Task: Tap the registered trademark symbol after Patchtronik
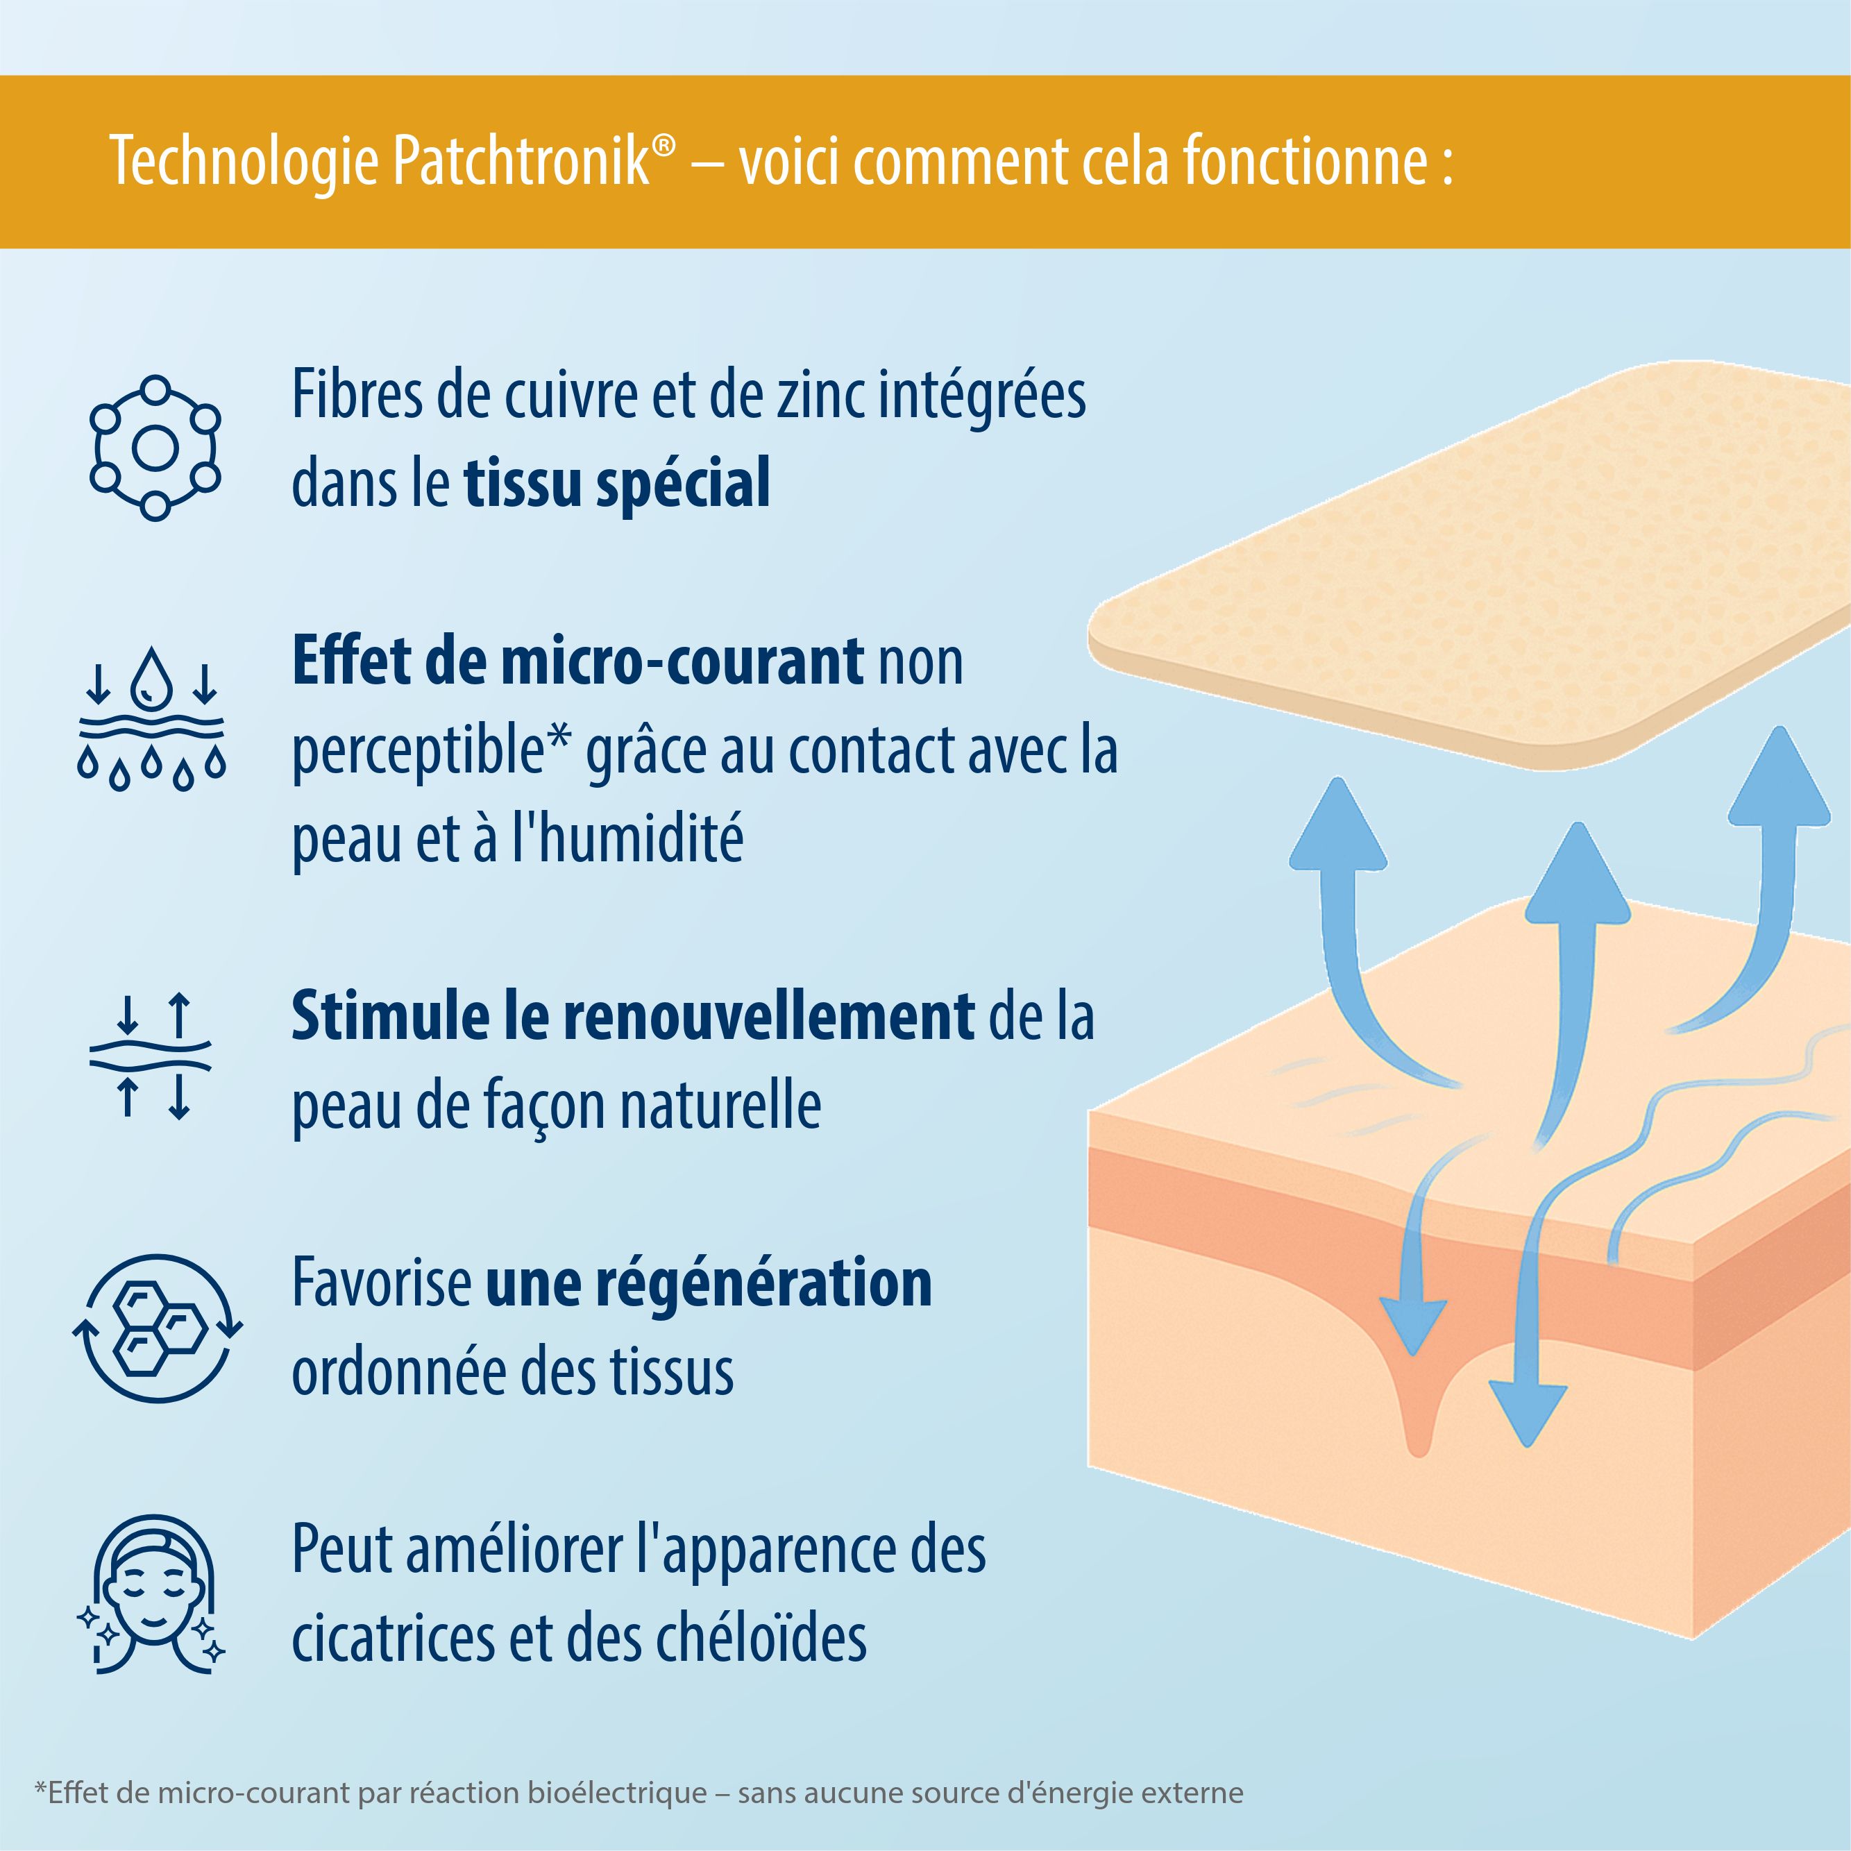663,144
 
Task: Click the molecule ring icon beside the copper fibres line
155,448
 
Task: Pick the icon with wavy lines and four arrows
151,1057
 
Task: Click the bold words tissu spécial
617,483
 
